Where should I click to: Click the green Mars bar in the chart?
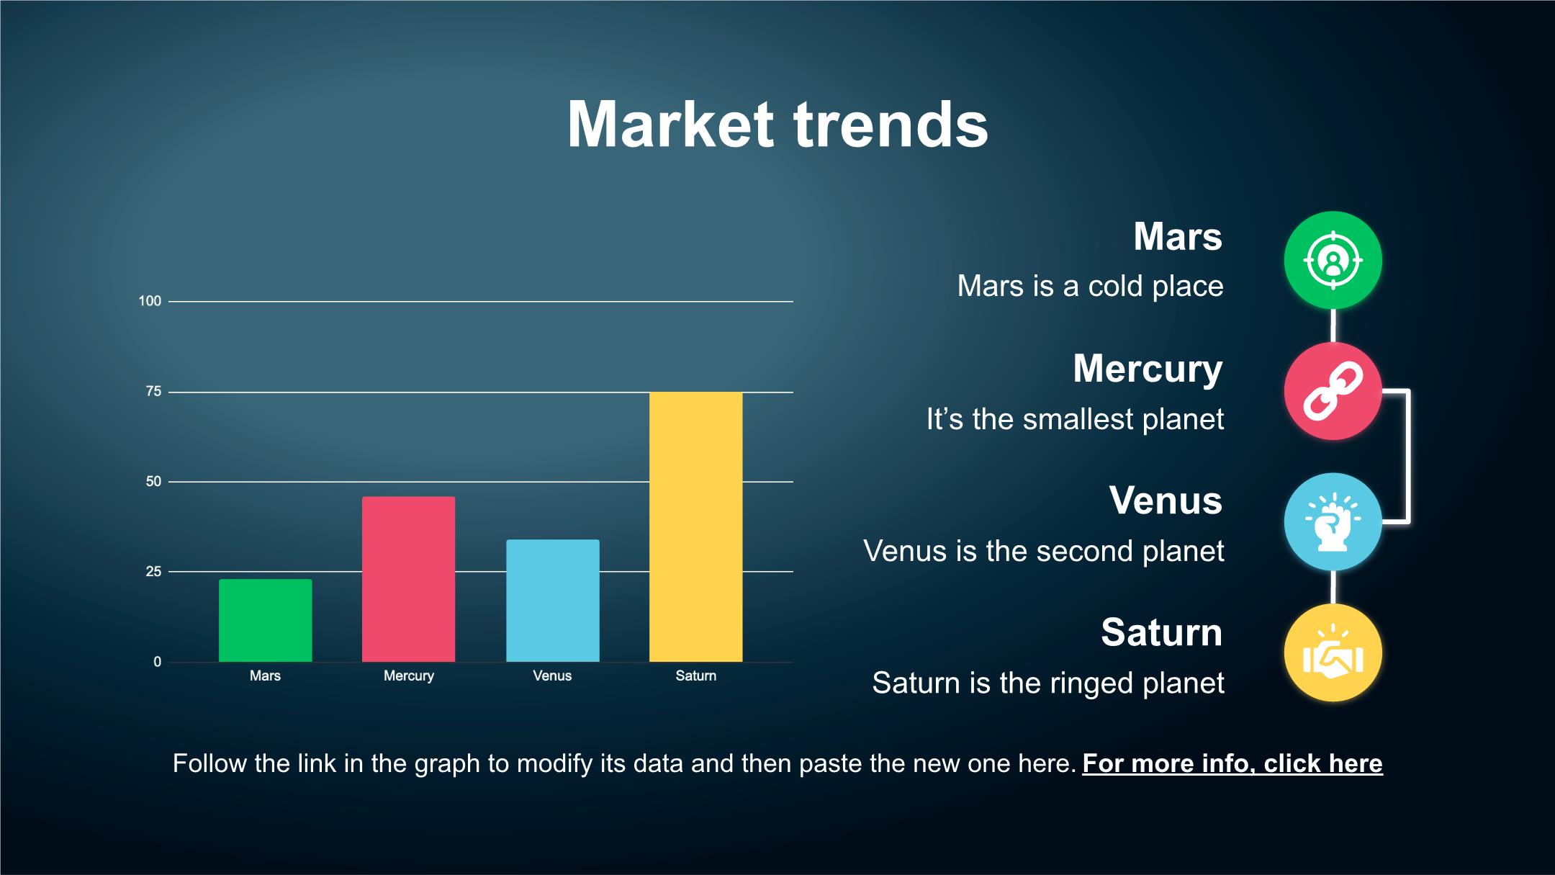[x=265, y=620]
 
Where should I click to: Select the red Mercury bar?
[x=408, y=579]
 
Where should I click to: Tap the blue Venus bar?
[x=552, y=601]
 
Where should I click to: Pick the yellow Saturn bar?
[x=695, y=526]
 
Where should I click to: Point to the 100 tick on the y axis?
[x=150, y=301]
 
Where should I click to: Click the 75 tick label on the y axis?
[x=153, y=392]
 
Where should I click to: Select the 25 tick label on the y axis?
[x=153, y=572]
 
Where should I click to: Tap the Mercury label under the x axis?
[x=408, y=676]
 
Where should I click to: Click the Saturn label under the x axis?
[x=695, y=676]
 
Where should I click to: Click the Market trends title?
[x=777, y=125]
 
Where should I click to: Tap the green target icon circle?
[x=1333, y=260]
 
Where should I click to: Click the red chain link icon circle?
[x=1333, y=391]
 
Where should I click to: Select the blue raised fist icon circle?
[x=1333, y=522]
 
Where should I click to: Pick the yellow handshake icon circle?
[x=1333, y=653]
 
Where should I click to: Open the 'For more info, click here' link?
[x=1232, y=763]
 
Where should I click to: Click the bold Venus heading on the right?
[x=1166, y=500]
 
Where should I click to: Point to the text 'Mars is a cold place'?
[x=1090, y=286]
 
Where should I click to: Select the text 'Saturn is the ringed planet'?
[x=1047, y=683]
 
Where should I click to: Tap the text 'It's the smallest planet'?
[x=1075, y=419]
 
